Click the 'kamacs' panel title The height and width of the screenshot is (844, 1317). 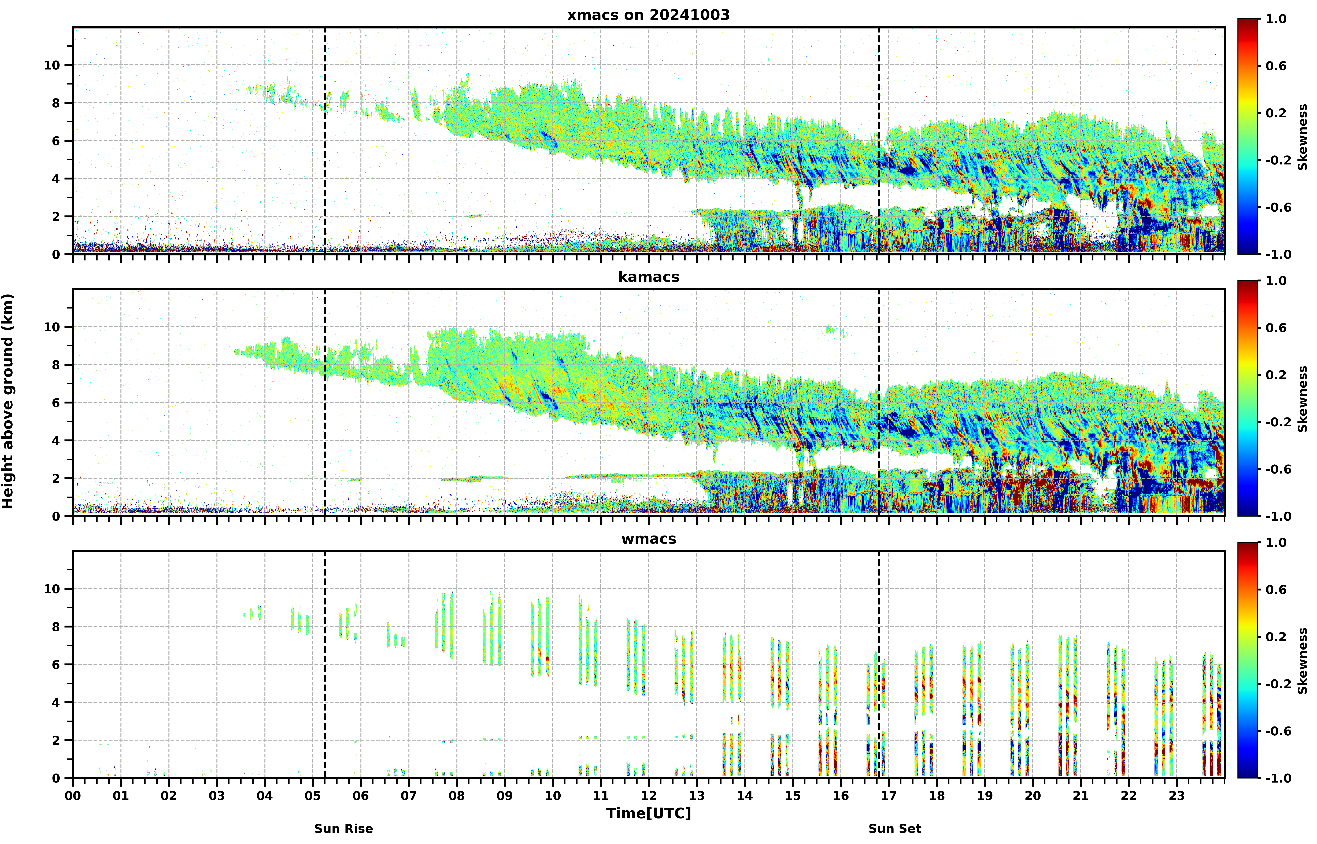point(649,277)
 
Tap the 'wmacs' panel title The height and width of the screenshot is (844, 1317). point(649,539)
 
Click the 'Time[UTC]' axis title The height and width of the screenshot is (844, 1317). point(649,813)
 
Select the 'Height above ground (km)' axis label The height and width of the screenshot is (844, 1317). point(8,401)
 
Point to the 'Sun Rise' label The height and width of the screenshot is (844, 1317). point(343,829)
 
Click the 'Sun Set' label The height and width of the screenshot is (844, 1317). point(895,829)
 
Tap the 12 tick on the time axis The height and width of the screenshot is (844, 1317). point(649,795)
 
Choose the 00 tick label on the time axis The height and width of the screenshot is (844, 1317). point(73,795)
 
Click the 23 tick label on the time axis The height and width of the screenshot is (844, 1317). point(1177,795)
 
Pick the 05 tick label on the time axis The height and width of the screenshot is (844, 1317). point(313,795)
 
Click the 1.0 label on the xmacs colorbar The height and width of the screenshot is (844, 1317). point(1276,19)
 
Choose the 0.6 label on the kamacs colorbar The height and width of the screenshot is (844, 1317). point(1276,328)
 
